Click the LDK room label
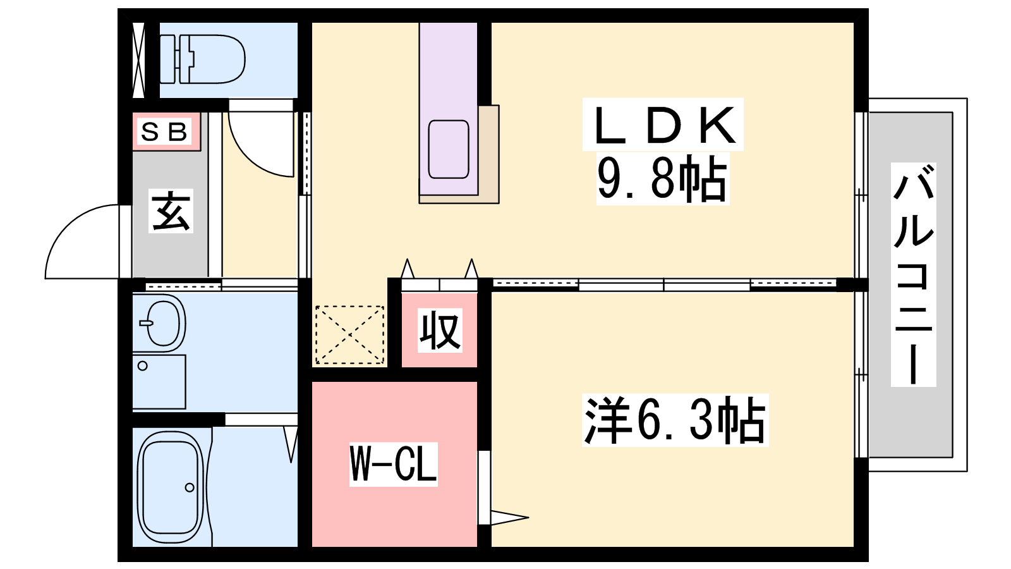pos(663,125)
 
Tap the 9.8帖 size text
pos(663,178)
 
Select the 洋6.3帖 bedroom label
pos(675,420)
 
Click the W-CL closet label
pos(393,464)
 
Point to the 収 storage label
pos(440,330)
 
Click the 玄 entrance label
pos(171,211)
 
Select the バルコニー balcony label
pos(913,274)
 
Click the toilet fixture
pos(202,59)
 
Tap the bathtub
pos(171,487)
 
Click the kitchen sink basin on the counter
pos(448,149)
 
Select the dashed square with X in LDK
pos(350,334)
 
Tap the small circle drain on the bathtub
pos(190,487)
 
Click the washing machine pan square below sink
pos(159,382)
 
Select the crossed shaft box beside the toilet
pos(138,60)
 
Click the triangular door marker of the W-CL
pos(509,518)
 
